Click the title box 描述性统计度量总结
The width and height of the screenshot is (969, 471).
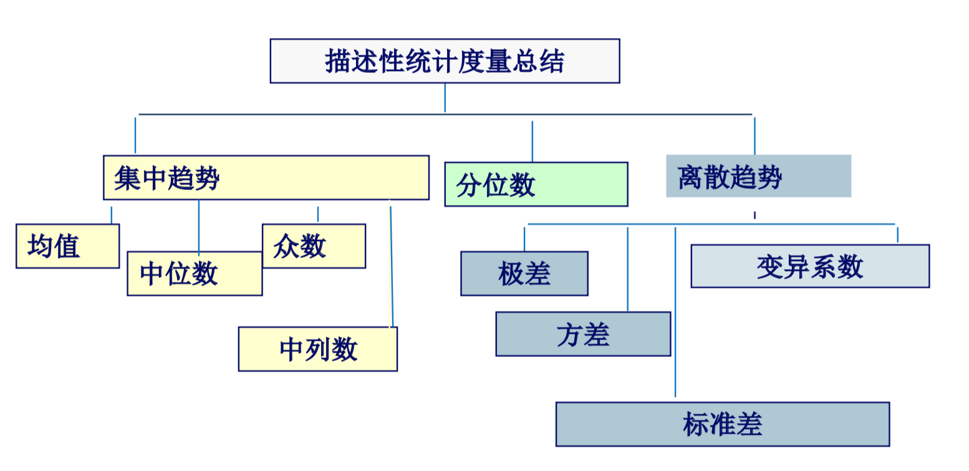[x=444, y=61]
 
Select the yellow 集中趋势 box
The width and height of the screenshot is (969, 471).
[x=266, y=178]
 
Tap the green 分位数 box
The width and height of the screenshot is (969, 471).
[x=536, y=184]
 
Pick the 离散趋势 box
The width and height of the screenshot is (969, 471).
[x=758, y=176]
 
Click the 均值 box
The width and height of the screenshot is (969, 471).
[x=67, y=246]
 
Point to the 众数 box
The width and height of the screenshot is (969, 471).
[x=314, y=246]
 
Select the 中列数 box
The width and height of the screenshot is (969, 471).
[x=317, y=349]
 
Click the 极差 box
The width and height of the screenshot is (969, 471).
[x=524, y=274]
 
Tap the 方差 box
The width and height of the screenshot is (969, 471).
[x=582, y=334]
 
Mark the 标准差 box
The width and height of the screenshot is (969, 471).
[x=721, y=424]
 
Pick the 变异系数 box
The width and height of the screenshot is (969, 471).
[x=809, y=266]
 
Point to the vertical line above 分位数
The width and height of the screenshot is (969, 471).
[x=532, y=141]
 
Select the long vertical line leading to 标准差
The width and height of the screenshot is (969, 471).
[x=675, y=312]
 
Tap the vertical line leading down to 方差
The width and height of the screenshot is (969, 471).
[x=627, y=268]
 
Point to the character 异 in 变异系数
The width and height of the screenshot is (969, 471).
[x=796, y=267]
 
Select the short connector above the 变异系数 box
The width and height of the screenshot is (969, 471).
[x=897, y=234]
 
